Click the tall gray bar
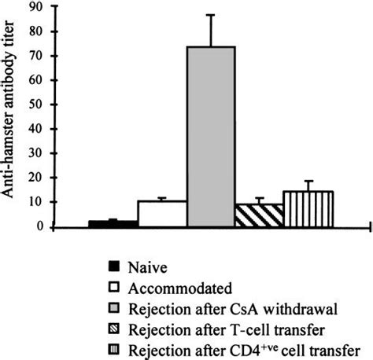(210, 137)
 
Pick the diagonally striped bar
(259, 216)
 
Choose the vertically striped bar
(308, 210)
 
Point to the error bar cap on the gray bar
(210, 15)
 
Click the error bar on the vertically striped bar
(308, 186)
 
